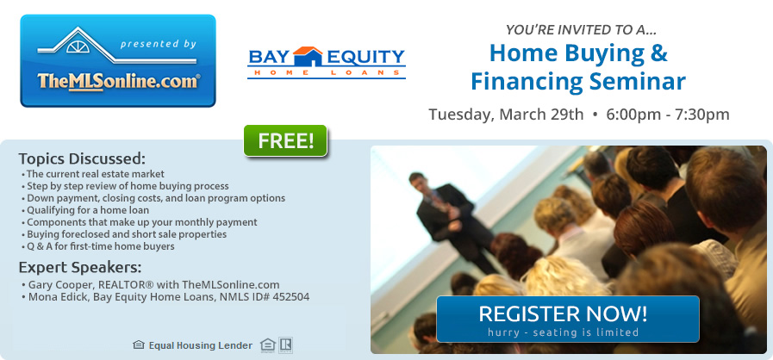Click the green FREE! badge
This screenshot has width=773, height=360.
pos(285,141)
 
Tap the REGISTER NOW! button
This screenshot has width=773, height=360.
pos(567,320)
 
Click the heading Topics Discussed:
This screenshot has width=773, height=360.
pos(83,159)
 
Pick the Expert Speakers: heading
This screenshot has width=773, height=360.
pos(80,267)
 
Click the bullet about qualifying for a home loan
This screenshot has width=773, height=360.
pos(85,210)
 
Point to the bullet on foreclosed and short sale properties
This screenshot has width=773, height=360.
pos(124,234)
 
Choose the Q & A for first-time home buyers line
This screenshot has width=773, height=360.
pos(97,246)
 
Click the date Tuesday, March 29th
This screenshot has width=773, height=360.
pos(506,115)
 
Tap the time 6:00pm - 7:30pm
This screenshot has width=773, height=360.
pos(668,115)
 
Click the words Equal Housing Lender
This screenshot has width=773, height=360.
pos(201,345)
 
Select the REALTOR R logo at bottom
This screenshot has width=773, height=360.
pos(285,345)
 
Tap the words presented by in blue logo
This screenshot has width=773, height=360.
pos(158,44)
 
